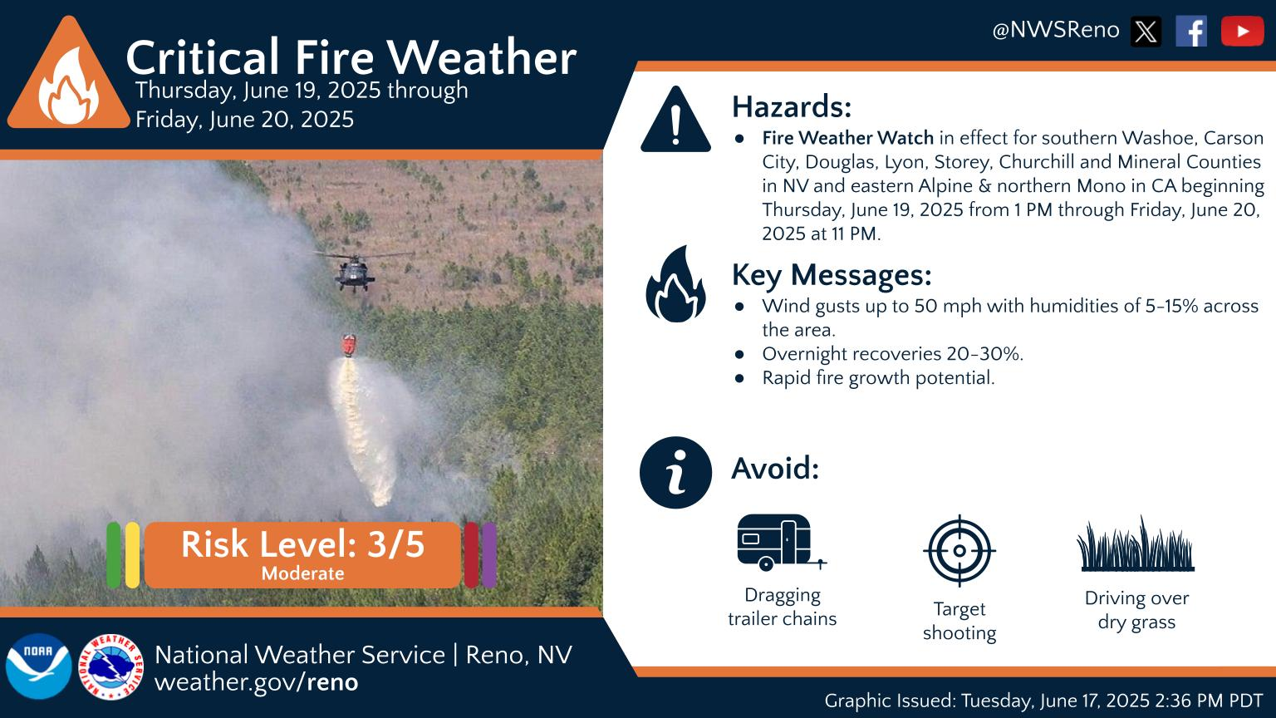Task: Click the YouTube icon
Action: [x=1242, y=32]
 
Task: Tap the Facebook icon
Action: [x=1191, y=32]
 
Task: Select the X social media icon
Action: [x=1146, y=32]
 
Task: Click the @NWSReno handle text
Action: [x=1055, y=31]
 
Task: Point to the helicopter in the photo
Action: [x=355, y=270]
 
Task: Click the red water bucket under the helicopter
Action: [x=351, y=344]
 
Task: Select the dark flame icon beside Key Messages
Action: [x=675, y=284]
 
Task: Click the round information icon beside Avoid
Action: [x=675, y=472]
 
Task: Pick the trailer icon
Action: [x=779, y=542]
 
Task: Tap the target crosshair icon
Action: [x=959, y=550]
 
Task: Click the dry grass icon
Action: [x=1136, y=546]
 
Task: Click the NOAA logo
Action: [x=38, y=666]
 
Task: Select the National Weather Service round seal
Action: [x=110, y=666]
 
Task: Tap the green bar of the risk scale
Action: [x=114, y=555]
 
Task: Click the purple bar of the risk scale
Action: [x=489, y=555]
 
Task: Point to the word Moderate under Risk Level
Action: [x=302, y=573]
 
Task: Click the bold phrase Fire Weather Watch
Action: [x=847, y=138]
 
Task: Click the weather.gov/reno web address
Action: [x=256, y=683]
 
